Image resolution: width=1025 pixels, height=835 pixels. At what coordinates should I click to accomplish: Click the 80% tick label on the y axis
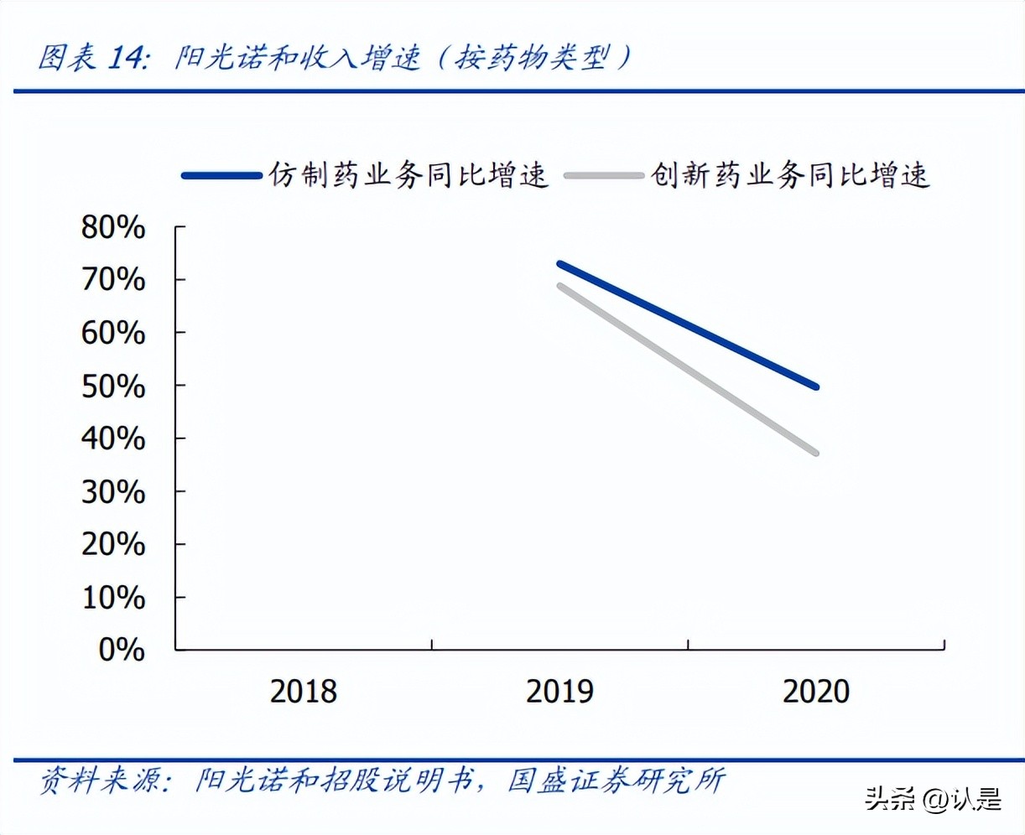click(113, 227)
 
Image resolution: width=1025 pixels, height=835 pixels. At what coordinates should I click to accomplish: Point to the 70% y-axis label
click(113, 280)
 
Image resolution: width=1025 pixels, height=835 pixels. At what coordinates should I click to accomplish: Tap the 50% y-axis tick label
click(113, 386)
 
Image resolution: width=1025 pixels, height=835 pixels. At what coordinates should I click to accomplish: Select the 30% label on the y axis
click(113, 492)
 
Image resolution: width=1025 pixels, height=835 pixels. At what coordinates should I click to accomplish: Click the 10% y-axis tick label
click(113, 598)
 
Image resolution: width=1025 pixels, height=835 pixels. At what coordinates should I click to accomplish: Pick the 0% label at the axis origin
click(122, 650)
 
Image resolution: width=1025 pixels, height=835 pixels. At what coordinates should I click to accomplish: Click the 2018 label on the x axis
click(303, 692)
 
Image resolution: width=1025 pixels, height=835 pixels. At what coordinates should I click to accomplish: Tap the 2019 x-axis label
click(559, 692)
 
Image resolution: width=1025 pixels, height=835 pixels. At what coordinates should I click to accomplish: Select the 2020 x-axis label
click(816, 692)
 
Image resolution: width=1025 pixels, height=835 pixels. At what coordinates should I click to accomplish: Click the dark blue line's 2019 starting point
click(559, 264)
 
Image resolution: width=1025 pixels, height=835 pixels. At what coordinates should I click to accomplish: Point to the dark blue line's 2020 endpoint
click(816, 386)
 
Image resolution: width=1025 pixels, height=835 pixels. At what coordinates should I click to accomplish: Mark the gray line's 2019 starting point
click(559, 286)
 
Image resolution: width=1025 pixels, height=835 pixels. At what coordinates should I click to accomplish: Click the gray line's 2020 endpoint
click(816, 454)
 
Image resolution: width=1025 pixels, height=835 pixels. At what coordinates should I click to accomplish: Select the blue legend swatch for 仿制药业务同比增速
click(221, 175)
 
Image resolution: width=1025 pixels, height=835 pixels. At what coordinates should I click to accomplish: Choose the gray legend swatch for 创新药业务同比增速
click(604, 175)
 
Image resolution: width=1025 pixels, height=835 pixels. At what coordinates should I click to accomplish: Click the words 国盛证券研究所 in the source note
click(617, 781)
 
